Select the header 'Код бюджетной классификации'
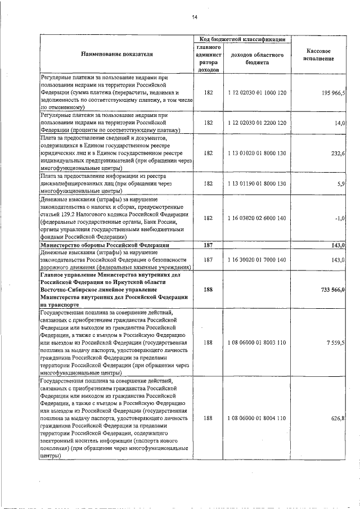tap(241, 39)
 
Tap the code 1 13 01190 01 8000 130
tap(257, 183)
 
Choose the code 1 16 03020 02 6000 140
tap(257, 218)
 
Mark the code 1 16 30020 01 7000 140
tap(257, 260)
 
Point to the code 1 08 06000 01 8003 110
tap(257, 342)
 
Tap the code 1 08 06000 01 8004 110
tap(257, 418)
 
